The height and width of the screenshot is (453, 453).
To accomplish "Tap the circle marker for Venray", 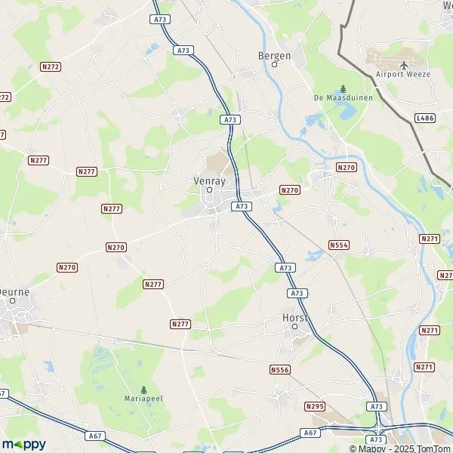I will click(x=211, y=190).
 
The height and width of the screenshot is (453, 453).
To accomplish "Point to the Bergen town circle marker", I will click(x=275, y=64).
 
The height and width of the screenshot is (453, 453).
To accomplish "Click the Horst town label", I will click(x=294, y=317).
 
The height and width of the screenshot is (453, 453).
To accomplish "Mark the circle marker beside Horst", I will click(x=295, y=328).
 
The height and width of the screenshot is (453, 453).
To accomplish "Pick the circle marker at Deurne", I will click(x=13, y=300).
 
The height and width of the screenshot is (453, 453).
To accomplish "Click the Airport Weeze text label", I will click(x=403, y=74).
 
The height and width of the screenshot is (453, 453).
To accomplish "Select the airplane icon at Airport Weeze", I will click(x=403, y=65).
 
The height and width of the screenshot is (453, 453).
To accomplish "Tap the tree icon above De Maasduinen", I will click(x=343, y=88).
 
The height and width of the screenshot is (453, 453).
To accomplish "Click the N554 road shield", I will click(x=339, y=245).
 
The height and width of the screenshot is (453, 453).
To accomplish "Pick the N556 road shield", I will click(x=279, y=370).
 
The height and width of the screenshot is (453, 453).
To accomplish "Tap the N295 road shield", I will click(x=315, y=406).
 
